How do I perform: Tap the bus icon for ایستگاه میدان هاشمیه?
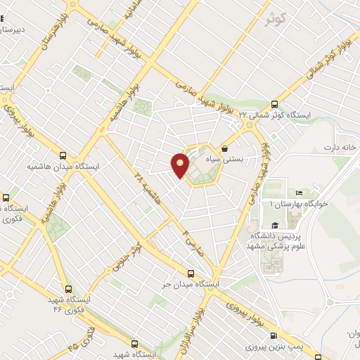click(64, 156)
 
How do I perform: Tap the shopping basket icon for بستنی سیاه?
click(224, 148)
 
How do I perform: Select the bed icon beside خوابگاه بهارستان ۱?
click(298, 193)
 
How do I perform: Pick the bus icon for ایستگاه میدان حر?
click(191, 274)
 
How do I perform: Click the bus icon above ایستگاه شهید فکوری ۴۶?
click(67, 288)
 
